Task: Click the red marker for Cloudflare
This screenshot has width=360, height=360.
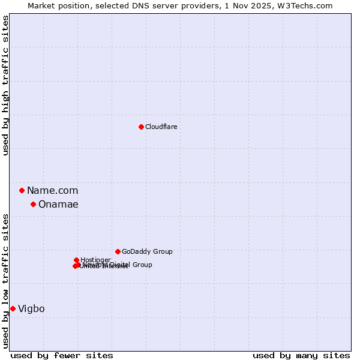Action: click(141, 127)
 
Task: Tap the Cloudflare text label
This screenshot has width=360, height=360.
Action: click(161, 127)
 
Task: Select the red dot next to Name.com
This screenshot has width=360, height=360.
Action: click(22, 190)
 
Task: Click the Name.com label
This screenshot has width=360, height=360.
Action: click(52, 190)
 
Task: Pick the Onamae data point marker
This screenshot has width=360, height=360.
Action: click(33, 204)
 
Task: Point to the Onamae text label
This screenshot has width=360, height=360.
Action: click(58, 204)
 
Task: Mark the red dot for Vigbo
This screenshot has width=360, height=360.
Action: click(13, 308)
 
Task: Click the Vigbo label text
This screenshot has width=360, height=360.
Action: click(31, 308)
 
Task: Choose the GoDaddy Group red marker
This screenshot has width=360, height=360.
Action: click(118, 251)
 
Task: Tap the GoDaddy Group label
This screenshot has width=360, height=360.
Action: click(147, 251)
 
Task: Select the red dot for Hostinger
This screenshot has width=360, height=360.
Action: click(76, 260)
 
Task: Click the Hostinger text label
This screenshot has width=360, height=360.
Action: click(95, 260)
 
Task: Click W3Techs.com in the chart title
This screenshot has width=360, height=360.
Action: click(309, 5)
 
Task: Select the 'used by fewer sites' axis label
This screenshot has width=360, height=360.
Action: click(62, 355)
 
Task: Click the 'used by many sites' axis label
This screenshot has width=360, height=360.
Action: click(301, 355)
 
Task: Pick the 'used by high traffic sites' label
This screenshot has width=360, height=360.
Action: click(5, 85)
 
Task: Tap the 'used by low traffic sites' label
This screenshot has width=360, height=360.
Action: click(5, 280)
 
